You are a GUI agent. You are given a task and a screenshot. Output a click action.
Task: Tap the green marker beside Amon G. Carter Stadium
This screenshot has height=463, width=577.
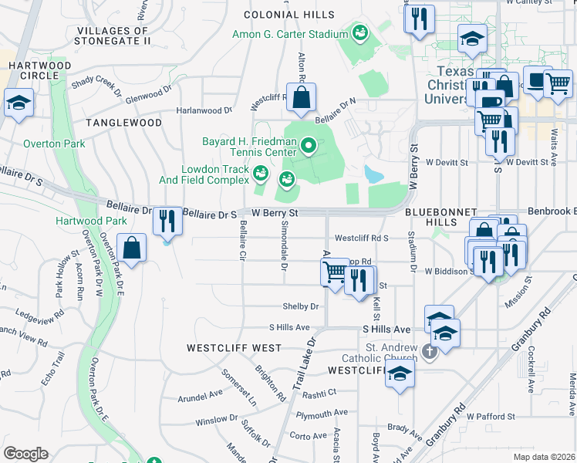(359, 33)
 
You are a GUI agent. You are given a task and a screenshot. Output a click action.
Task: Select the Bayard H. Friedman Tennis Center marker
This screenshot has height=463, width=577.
(309, 145)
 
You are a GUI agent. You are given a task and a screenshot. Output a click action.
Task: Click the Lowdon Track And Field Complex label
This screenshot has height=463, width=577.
(215, 174)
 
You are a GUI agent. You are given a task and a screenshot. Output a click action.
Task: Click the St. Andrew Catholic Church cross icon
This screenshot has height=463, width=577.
(430, 351)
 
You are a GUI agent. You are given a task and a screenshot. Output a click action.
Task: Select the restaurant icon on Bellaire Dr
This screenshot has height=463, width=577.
(166, 221)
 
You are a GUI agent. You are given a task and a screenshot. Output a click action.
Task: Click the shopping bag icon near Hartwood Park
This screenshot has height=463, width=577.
(133, 248)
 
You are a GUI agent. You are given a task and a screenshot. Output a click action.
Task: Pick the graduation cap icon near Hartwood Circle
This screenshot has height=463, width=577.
(18, 103)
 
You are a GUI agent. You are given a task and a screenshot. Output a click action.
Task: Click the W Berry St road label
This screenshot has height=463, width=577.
(275, 212)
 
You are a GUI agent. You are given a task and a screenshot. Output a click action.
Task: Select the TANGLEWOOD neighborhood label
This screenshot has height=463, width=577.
(123, 123)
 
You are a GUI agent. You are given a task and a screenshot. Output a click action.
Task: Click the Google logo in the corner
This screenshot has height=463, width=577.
(25, 453)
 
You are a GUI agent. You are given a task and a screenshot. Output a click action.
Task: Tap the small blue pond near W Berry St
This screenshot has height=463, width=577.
(373, 174)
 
